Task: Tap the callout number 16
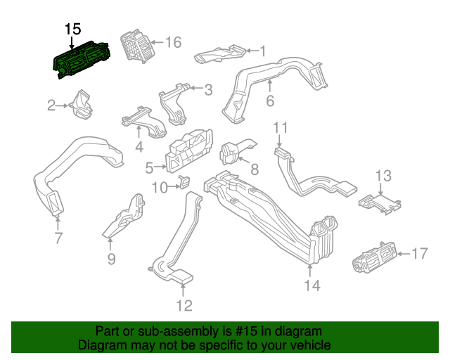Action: [x=172, y=43]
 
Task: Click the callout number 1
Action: [x=263, y=51]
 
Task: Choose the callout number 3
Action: [x=208, y=90]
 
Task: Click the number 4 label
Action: [x=139, y=147]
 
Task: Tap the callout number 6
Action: [x=269, y=101]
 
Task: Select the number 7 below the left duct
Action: [x=58, y=238]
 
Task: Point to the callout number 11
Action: [x=281, y=127]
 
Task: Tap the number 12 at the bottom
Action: [x=184, y=305]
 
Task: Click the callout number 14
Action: [x=311, y=285]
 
